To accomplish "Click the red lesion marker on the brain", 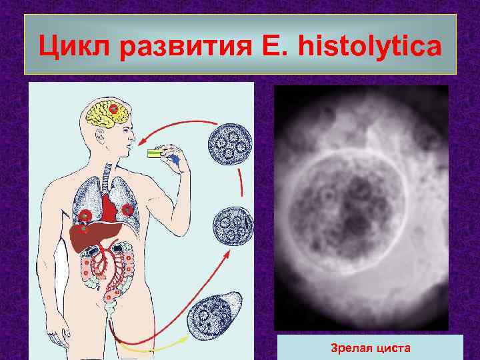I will click(x=114, y=109).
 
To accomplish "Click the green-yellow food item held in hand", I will click(x=155, y=153).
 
